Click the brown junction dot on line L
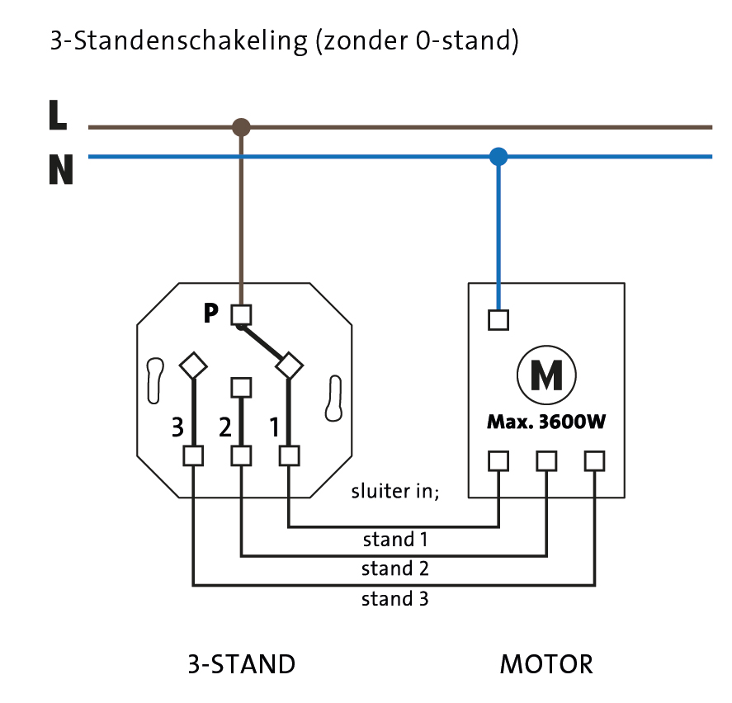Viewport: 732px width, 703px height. (x=241, y=127)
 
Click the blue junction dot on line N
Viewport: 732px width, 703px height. (x=498, y=156)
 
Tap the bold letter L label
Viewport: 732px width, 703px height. (x=57, y=116)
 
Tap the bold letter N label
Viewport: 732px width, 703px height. (x=60, y=170)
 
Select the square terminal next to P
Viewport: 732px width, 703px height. (x=241, y=314)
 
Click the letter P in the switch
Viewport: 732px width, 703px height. (x=211, y=314)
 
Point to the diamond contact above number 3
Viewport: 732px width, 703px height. (x=193, y=364)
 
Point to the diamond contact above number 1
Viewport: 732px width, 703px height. (x=289, y=364)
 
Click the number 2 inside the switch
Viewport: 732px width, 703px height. (x=224, y=427)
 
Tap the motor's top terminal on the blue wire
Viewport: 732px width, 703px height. (x=498, y=319)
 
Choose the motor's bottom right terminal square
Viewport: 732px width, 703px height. (x=594, y=460)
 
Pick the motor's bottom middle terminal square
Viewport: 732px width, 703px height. (x=546, y=460)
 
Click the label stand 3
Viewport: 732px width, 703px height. (x=394, y=599)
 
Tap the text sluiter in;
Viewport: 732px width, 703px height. (x=395, y=492)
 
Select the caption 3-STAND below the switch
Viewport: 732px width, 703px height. (x=241, y=664)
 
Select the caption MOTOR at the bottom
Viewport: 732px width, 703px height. (x=546, y=664)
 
